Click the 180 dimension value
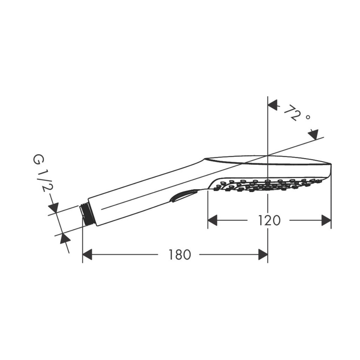click(x=180, y=254)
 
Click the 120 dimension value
click(x=269, y=220)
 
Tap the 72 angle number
click(x=291, y=113)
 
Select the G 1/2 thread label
click(x=42, y=174)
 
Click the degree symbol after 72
click(x=308, y=118)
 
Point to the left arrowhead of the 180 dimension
click(x=87, y=254)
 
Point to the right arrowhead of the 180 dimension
click(x=263, y=254)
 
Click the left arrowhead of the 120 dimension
click(x=213, y=220)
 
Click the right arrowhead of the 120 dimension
click(x=326, y=220)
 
